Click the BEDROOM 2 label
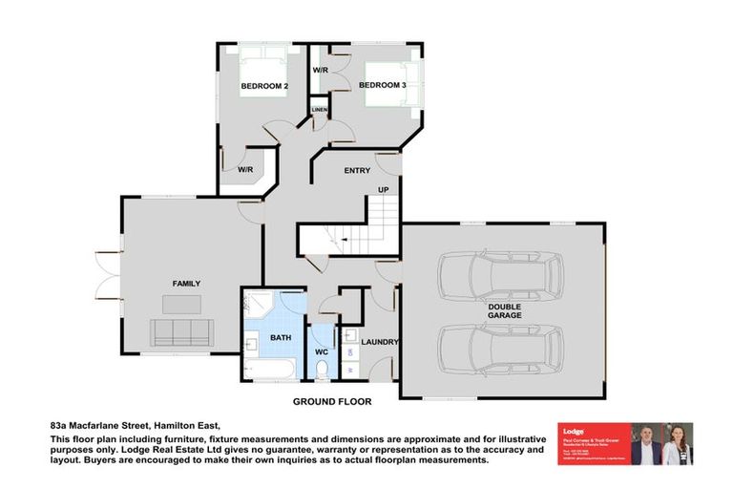click(x=264, y=86)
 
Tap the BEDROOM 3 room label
click(x=383, y=86)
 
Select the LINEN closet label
click(x=319, y=110)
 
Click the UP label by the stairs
click(x=384, y=190)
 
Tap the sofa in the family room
click(x=181, y=332)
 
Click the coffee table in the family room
click(x=181, y=305)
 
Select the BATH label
click(x=281, y=337)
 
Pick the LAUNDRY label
click(x=380, y=342)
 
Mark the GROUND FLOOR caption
click(x=332, y=402)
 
